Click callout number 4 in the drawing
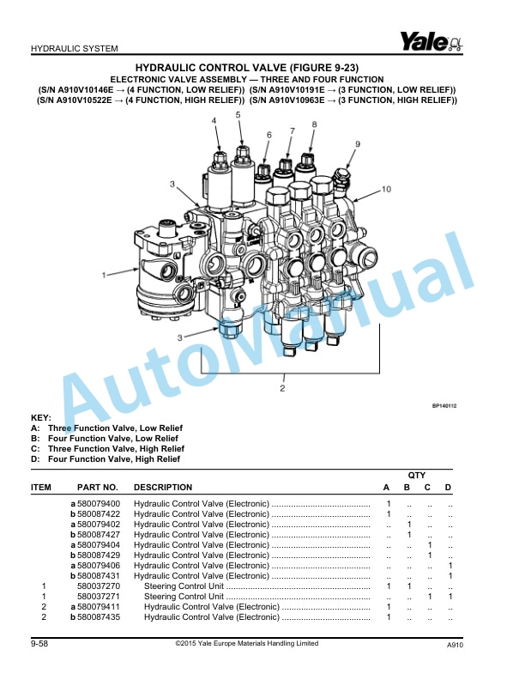tap(214, 121)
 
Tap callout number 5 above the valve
tap(238, 114)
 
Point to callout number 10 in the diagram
tap(386, 188)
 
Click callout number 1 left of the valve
tap(104, 276)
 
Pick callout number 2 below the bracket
tap(282, 388)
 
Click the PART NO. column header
tap(97, 488)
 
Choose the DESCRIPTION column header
tap(163, 488)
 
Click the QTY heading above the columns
tap(417, 475)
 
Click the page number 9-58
tap(39, 644)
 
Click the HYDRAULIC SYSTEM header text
tap(74, 48)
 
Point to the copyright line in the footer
tap(245, 644)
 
